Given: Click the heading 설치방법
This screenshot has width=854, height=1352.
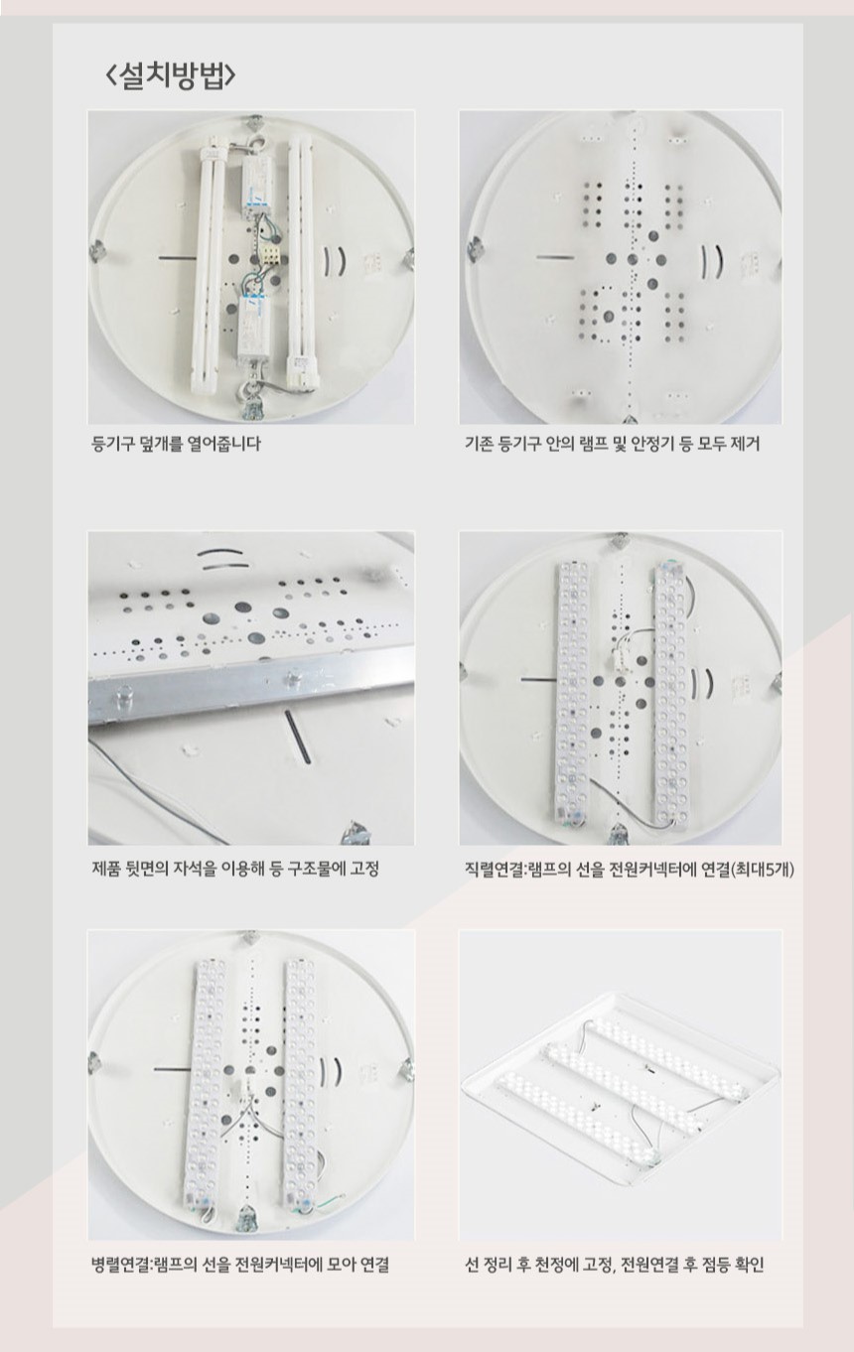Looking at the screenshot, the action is pyautogui.click(x=171, y=75).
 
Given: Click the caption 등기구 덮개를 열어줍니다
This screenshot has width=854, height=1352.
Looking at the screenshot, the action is pyautogui.click(x=175, y=444).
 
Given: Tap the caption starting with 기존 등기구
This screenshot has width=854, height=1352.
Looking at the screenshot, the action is pyautogui.click(x=612, y=444).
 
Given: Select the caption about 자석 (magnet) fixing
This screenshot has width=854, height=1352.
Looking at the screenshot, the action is pyautogui.click(x=235, y=869).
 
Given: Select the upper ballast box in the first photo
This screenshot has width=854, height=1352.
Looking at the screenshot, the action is pyautogui.click(x=255, y=189).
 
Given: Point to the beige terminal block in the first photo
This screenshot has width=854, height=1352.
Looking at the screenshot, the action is pyautogui.click(x=270, y=257).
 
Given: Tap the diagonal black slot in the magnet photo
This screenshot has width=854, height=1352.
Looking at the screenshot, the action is pyautogui.click(x=298, y=736).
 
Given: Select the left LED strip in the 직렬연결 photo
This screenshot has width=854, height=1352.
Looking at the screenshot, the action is pyautogui.click(x=571, y=694).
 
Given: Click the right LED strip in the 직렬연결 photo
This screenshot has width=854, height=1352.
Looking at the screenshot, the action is pyautogui.click(x=670, y=694).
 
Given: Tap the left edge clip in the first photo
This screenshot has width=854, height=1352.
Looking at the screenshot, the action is pyautogui.click(x=97, y=252).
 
